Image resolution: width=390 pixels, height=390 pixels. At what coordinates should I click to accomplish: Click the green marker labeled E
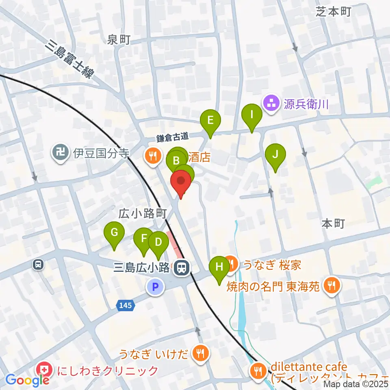(x=210, y=121)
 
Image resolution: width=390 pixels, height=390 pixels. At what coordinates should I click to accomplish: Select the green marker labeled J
(x=275, y=155)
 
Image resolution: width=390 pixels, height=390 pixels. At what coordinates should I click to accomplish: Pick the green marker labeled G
(x=114, y=233)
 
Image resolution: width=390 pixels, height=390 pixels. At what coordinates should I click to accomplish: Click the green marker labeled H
(x=219, y=267)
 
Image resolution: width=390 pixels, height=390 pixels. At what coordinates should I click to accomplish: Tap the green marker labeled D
(x=158, y=243)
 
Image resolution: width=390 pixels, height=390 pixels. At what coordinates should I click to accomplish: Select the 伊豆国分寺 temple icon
(x=61, y=153)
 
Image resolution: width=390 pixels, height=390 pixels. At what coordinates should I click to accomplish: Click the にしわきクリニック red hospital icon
(x=42, y=370)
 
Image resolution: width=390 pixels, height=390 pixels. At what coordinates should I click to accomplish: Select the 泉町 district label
(x=119, y=40)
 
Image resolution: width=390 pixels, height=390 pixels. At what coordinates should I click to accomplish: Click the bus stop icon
(x=38, y=264)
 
